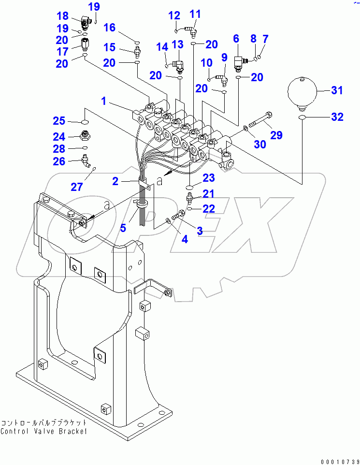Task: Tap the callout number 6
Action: [x=236, y=38]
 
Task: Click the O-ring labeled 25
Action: [x=85, y=121]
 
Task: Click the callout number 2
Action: [x=115, y=181]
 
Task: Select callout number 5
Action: [x=123, y=228]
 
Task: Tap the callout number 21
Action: [x=208, y=194]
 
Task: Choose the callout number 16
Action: [x=110, y=28]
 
